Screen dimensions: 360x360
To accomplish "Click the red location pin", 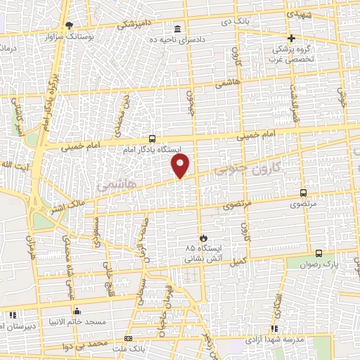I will [181, 166].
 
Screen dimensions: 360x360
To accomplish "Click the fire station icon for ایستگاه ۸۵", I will [204, 238].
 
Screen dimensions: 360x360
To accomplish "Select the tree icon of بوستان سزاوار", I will [69, 25].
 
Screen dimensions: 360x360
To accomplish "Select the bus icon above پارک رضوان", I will [319, 253].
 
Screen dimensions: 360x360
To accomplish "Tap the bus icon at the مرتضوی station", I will [303, 193].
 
